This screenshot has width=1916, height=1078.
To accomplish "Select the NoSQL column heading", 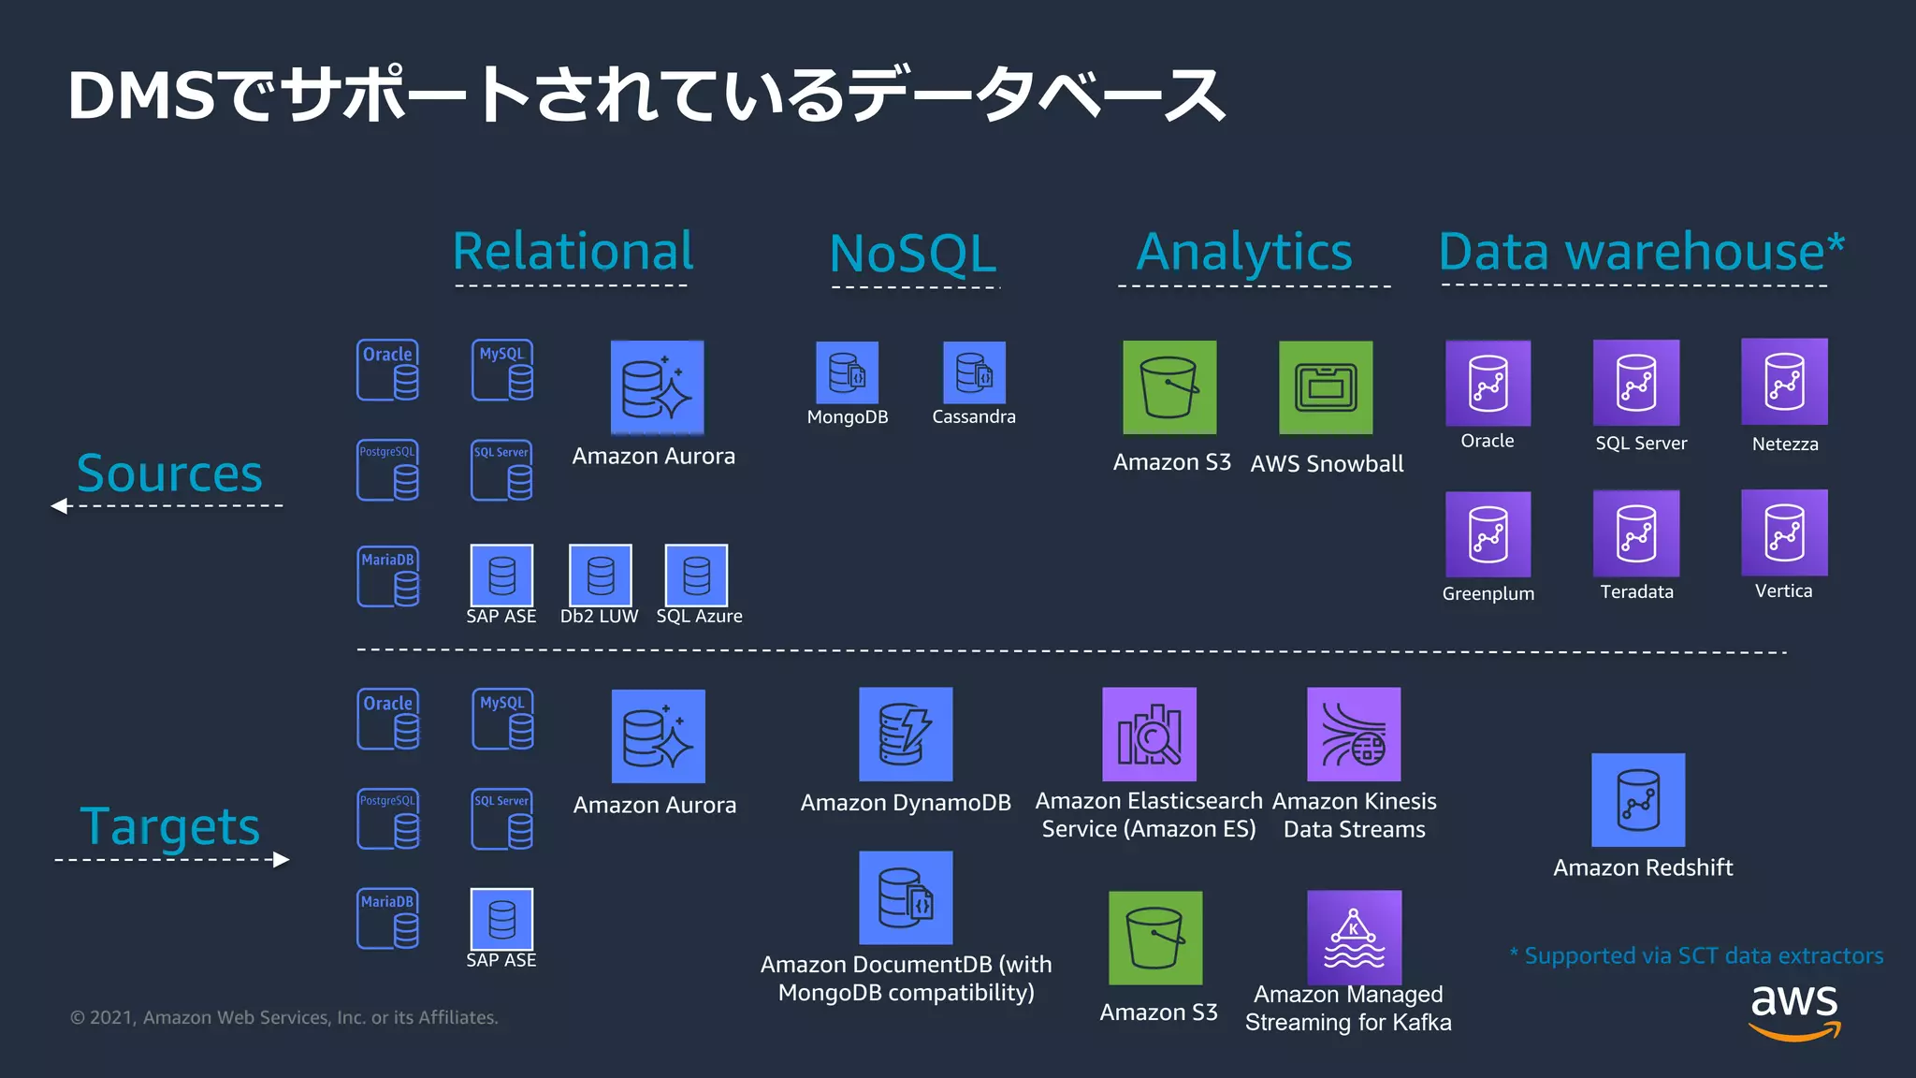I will pyautogui.click(x=913, y=254).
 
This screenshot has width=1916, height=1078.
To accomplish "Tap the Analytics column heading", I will pyautogui.click(x=1244, y=252).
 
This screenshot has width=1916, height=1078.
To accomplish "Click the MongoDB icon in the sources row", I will pyautogui.click(x=847, y=372).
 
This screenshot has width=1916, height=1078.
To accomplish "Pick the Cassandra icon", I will pyautogui.click(x=974, y=372).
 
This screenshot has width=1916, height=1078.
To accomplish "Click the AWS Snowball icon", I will pyautogui.click(x=1326, y=387).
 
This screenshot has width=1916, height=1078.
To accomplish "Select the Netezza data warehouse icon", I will pyautogui.click(x=1784, y=382).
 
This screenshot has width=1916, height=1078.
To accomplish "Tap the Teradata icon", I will pyautogui.click(x=1636, y=533).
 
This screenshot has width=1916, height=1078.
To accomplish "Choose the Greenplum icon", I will pyautogui.click(x=1488, y=534).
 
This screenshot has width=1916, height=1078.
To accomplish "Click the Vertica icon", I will pyautogui.click(x=1784, y=532).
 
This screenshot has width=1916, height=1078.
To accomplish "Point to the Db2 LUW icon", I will pyautogui.click(x=601, y=575).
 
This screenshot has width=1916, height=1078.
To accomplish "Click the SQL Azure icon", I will pyautogui.click(x=696, y=575).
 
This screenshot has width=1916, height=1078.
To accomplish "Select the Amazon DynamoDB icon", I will pyautogui.click(x=906, y=735).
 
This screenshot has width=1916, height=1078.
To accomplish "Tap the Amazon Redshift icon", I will pyautogui.click(x=1638, y=800).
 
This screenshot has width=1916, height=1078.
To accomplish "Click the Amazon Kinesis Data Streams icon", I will pyautogui.click(x=1354, y=735).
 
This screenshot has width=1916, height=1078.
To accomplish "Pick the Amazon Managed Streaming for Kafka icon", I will pyautogui.click(x=1354, y=937).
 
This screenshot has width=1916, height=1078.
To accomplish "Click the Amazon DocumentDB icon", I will pyautogui.click(x=906, y=897).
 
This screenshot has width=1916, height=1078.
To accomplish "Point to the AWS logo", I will pyautogui.click(x=1794, y=1011).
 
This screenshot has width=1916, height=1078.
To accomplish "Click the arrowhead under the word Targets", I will pyautogui.click(x=281, y=860).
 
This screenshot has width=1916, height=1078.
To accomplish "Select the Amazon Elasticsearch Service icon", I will pyautogui.click(x=1149, y=735).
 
